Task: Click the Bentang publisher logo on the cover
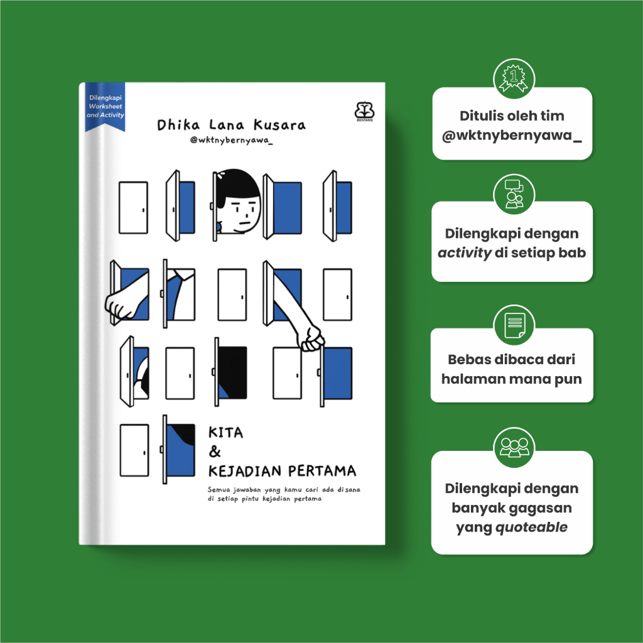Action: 364,111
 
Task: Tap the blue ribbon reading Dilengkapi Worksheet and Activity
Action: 105,107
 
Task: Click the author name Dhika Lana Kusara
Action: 231,125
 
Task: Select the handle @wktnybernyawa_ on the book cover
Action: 231,140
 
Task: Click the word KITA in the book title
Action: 225,433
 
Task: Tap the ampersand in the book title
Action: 215,451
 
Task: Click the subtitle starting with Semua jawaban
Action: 284,494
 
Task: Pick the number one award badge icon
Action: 514,78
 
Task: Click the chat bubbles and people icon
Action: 514,194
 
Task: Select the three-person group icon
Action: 514,447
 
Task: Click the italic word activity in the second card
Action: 464,252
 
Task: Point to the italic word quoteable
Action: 531,527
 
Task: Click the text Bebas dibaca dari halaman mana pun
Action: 512,369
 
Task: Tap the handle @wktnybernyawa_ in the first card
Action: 512,136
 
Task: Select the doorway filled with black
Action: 232,372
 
